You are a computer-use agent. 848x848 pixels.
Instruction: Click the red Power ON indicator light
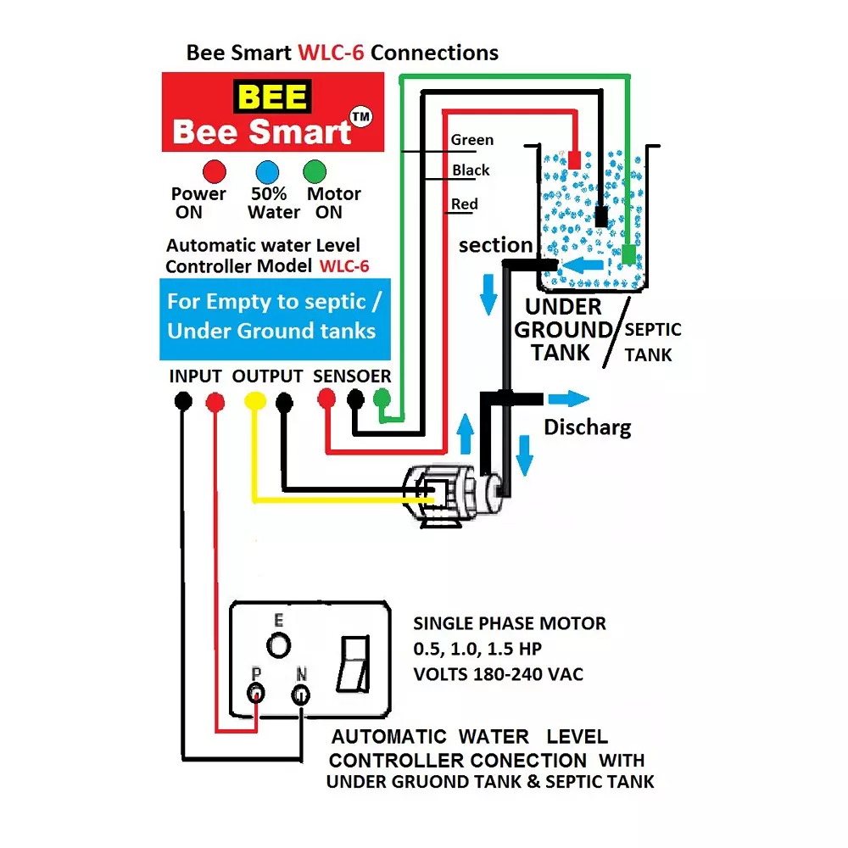(x=214, y=171)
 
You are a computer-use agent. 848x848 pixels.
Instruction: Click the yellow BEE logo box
(x=273, y=97)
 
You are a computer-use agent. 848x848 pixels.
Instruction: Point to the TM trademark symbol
(x=361, y=118)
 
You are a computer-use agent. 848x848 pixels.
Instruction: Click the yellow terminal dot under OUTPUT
(x=254, y=401)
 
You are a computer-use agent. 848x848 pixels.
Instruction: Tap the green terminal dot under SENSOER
(x=382, y=399)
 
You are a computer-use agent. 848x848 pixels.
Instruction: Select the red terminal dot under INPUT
(x=215, y=401)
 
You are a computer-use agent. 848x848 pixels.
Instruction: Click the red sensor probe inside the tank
(x=574, y=159)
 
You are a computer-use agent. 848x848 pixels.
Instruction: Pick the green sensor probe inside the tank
(x=628, y=254)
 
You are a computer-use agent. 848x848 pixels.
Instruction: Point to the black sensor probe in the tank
(x=601, y=215)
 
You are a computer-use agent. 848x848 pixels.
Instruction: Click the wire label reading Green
(x=471, y=140)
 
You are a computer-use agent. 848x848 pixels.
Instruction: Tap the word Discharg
(x=587, y=427)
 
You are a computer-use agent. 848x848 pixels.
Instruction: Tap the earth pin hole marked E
(x=277, y=645)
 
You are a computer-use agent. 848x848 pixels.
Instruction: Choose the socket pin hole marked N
(x=300, y=695)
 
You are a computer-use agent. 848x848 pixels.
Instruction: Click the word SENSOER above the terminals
(x=352, y=376)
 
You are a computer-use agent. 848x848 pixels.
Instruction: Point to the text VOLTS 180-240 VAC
(x=497, y=675)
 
